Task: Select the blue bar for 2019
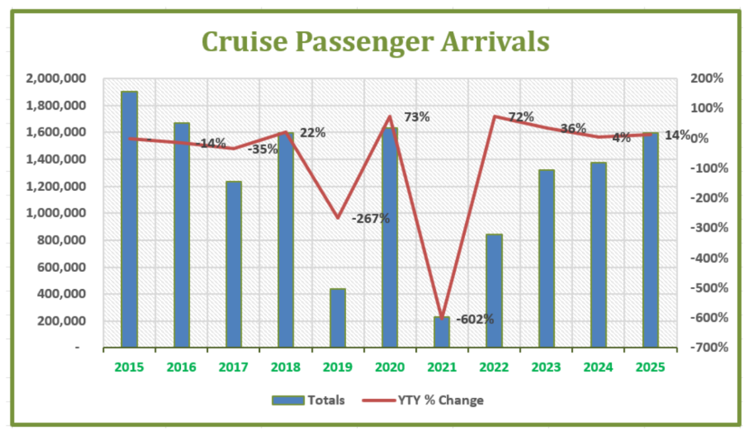click(x=338, y=318)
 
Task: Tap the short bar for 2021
click(x=441, y=332)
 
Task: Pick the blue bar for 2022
click(x=494, y=290)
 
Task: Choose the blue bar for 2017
click(x=234, y=264)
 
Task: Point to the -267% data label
click(x=371, y=218)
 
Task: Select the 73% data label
click(x=416, y=118)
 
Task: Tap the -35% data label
click(x=263, y=149)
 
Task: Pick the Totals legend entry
click(x=308, y=400)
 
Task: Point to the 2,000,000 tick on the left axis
click(x=55, y=79)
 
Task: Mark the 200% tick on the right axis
click(x=708, y=79)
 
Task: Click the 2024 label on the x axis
click(x=598, y=367)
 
